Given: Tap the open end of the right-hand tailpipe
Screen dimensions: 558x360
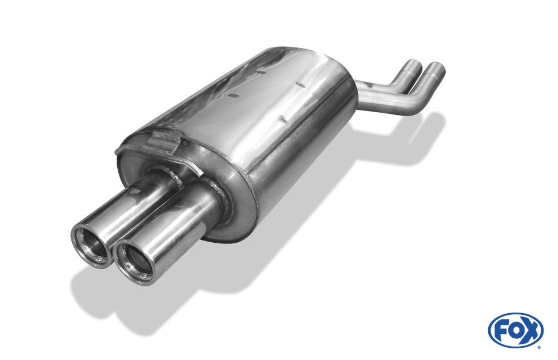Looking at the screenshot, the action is pyautogui.click(x=134, y=263).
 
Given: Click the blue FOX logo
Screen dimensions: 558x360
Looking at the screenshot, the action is pyautogui.click(x=516, y=330).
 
